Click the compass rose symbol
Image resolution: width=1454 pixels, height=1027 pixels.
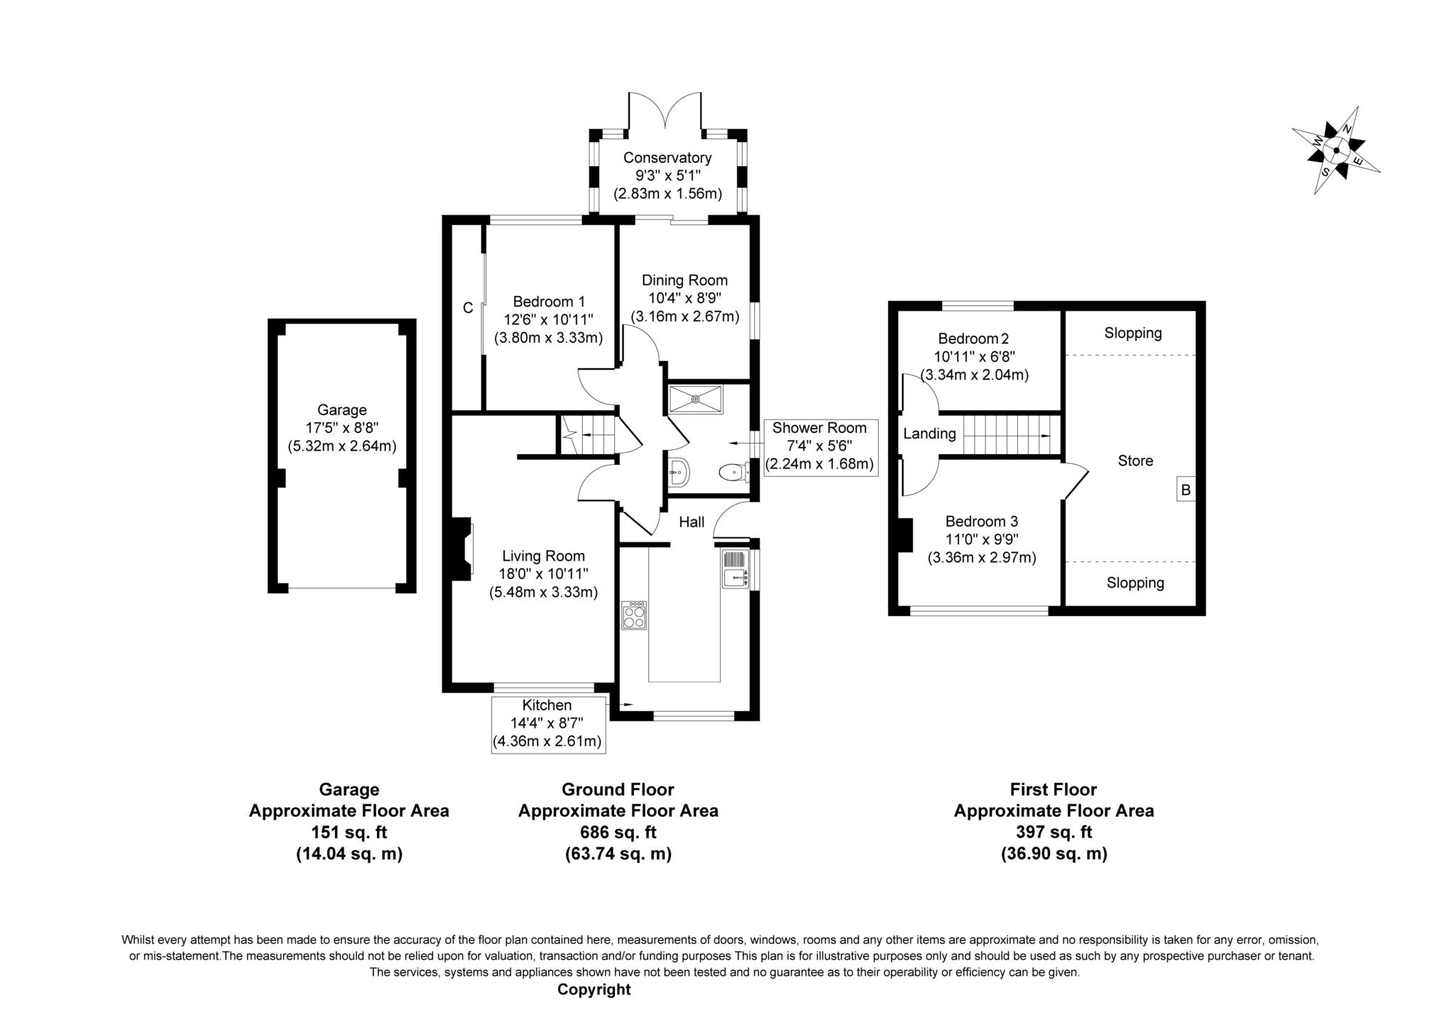point(1335,150)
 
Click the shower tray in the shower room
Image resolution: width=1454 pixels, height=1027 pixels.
point(696,400)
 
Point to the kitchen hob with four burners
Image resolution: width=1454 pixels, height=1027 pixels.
point(634,615)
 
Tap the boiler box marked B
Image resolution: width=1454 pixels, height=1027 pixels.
point(1186,489)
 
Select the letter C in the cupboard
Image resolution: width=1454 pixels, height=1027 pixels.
point(468,308)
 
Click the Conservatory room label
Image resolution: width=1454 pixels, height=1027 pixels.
point(667,158)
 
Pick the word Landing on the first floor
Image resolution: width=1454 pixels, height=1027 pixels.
point(929,434)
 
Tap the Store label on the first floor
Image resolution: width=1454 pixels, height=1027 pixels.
point(1135,461)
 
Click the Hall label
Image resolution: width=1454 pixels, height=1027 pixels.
point(692,522)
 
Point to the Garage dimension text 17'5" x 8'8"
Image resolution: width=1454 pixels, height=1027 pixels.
point(342,428)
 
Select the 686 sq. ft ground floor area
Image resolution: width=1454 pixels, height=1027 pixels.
point(618,832)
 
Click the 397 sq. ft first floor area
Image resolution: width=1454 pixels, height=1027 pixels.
point(1054,832)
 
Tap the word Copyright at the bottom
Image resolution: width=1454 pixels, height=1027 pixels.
point(594,989)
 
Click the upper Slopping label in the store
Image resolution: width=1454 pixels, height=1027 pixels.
point(1133,333)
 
